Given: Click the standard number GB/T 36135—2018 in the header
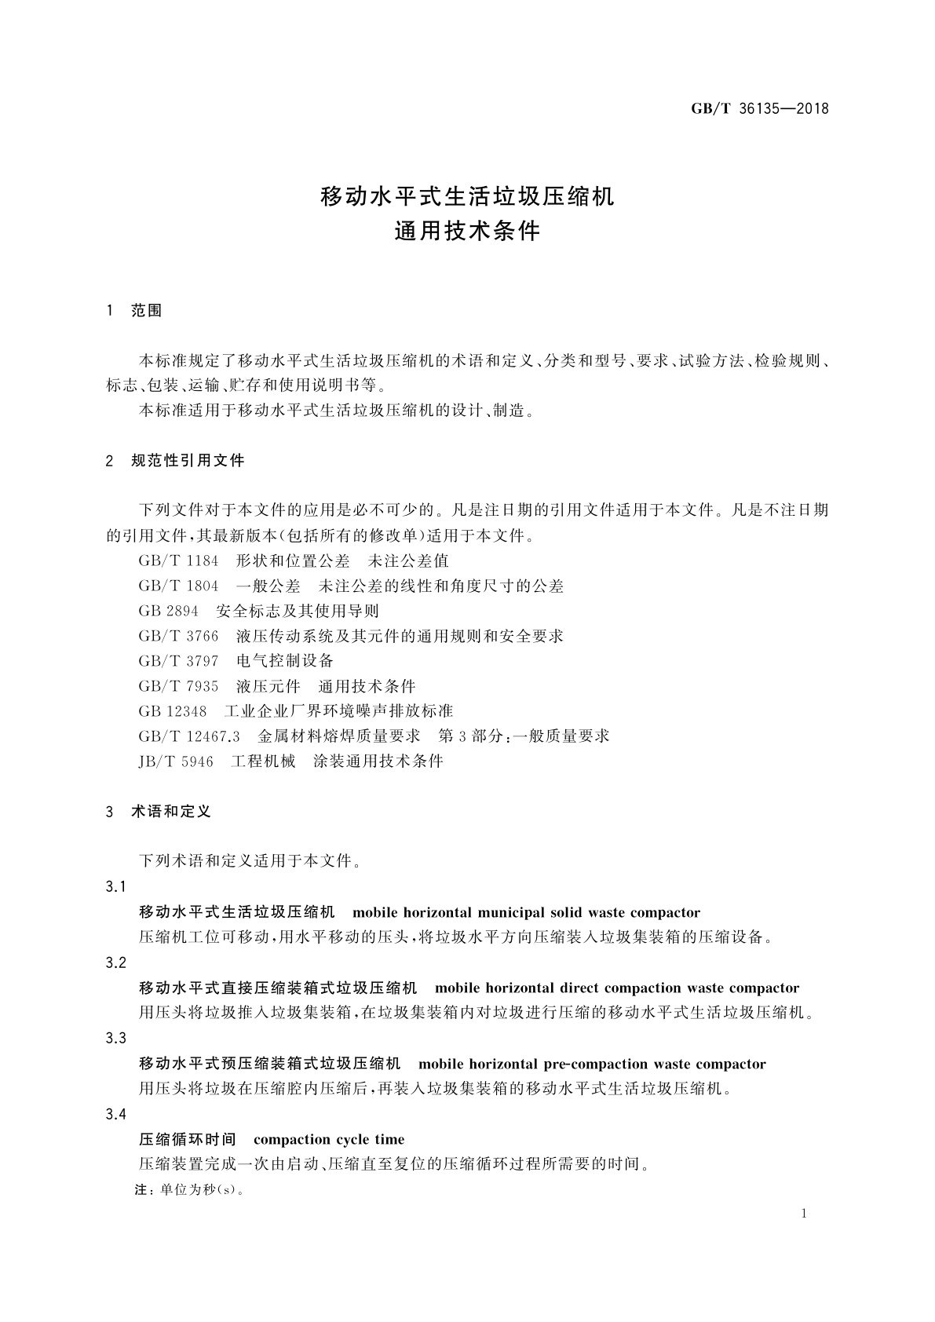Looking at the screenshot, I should (759, 109).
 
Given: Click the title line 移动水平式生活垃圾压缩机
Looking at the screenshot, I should (467, 196).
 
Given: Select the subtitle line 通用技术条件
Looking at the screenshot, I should (467, 232).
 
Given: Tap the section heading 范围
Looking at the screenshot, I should (147, 311).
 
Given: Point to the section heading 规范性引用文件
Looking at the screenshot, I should (188, 461).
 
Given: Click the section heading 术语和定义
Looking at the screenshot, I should (171, 812).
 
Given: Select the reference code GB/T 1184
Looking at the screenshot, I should (178, 561).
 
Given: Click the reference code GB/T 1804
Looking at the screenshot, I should (178, 586).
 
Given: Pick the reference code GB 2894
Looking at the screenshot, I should (168, 611).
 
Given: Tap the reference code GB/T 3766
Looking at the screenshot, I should (178, 636).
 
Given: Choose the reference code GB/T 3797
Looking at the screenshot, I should (178, 661).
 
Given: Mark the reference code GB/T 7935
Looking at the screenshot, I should (178, 686).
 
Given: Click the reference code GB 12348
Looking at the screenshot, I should (172, 711).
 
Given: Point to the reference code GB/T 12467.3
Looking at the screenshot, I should (188, 736).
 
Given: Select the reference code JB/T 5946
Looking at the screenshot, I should (176, 761).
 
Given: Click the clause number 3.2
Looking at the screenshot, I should (115, 962).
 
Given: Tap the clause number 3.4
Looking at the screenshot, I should (115, 1115).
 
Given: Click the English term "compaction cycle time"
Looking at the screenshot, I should (329, 1140).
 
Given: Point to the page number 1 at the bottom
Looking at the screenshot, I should (804, 1214).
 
